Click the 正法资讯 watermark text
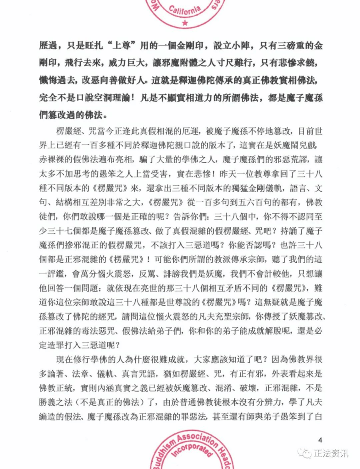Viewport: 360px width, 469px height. (331, 453)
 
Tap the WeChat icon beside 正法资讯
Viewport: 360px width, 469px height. (305, 453)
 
